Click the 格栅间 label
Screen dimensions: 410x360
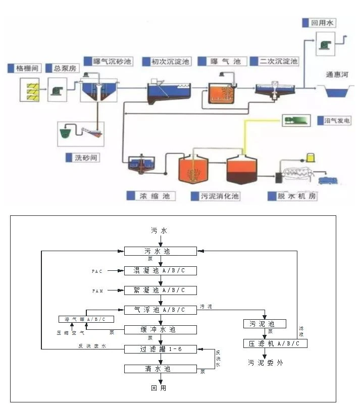[x=24, y=68]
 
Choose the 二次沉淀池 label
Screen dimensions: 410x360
[x=278, y=62]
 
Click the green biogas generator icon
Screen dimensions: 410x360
[x=296, y=120]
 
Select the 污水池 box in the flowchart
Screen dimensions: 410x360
[x=161, y=251]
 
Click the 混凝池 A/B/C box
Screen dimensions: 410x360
[x=161, y=271]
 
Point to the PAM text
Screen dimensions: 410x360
[x=97, y=291]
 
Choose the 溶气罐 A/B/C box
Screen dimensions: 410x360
[x=86, y=319]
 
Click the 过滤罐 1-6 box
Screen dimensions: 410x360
[x=161, y=349]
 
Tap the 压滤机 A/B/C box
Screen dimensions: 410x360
[x=275, y=343]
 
